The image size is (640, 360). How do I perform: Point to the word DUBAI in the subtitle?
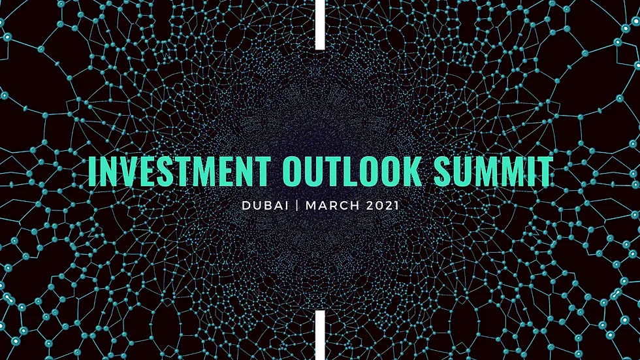(x=263, y=205)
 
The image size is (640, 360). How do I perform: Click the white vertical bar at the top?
(x=320, y=24)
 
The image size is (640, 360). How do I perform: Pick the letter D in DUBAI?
(x=246, y=205)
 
